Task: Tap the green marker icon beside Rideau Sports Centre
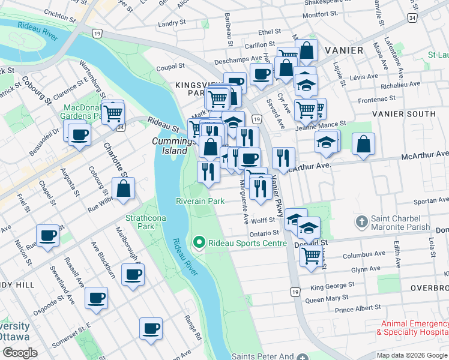(199, 243)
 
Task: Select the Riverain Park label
(200, 202)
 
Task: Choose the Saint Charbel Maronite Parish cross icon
(361, 222)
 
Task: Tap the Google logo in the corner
(19, 352)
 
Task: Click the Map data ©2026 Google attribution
(411, 355)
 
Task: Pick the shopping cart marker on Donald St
(311, 256)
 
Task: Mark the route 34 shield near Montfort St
(411, 19)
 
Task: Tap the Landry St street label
(166, 24)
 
